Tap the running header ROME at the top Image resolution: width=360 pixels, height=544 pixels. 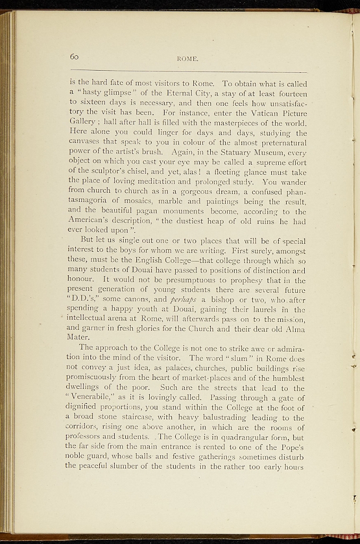tap(188, 59)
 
